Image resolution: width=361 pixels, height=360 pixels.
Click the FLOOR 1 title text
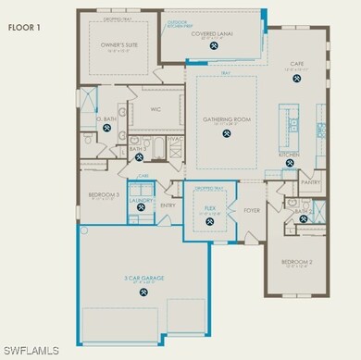26,28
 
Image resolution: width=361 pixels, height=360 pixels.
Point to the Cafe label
297,65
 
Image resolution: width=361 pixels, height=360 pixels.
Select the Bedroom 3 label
105,195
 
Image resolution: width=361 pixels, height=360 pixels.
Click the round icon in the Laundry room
140,208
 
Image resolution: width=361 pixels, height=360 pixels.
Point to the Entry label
168,205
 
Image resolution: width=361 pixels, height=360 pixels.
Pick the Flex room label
211,207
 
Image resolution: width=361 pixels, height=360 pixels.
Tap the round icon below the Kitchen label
291,165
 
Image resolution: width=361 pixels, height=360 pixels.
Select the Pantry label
311,182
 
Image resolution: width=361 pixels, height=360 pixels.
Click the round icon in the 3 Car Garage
143,292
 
